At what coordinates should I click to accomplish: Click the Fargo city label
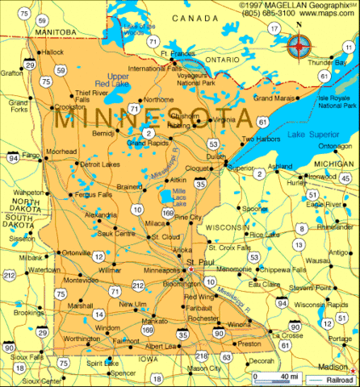31,154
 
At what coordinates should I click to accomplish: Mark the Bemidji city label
103,132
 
